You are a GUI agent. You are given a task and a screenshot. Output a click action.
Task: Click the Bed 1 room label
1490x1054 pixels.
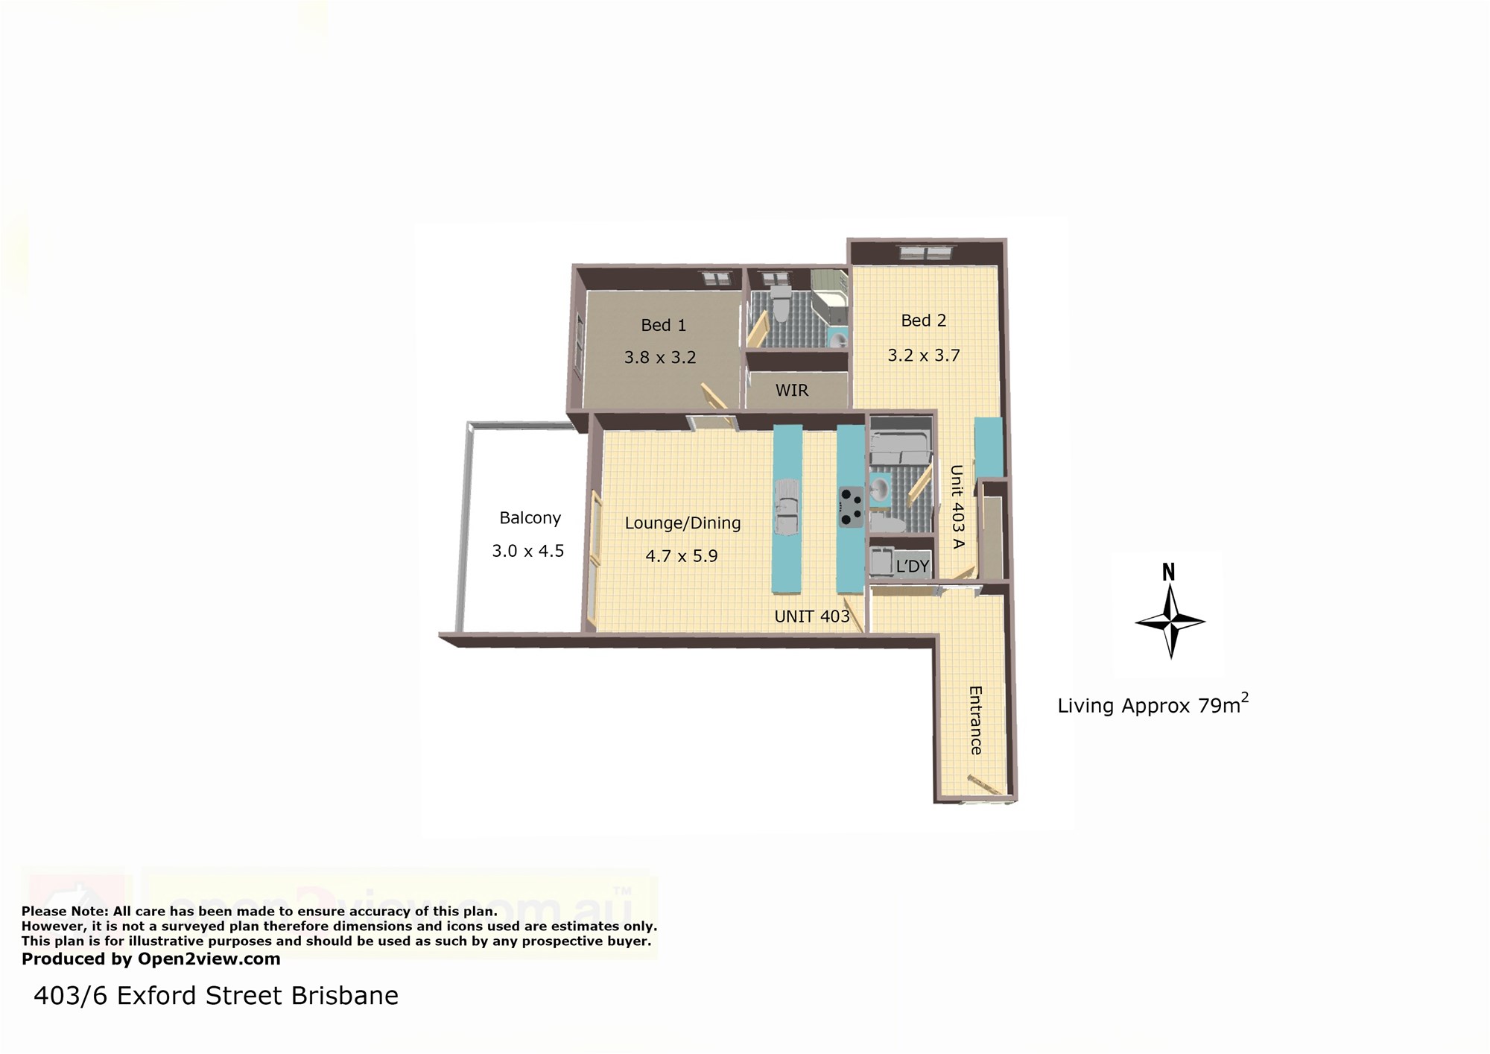click(x=663, y=325)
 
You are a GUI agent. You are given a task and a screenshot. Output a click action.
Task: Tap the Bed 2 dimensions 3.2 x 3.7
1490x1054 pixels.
click(x=923, y=356)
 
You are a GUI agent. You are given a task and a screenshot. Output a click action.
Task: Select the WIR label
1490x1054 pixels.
click(x=791, y=390)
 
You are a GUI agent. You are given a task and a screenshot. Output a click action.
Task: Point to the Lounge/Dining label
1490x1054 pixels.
click(x=682, y=523)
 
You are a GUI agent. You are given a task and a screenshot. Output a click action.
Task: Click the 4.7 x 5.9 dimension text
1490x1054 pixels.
click(x=681, y=555)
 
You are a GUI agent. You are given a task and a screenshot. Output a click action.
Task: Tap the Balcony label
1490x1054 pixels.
click(x=530, y=518)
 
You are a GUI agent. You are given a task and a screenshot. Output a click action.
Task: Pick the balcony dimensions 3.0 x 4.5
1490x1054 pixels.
click(x=527, y=551)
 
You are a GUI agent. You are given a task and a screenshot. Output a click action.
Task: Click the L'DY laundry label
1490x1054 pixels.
click(x=912, y=567)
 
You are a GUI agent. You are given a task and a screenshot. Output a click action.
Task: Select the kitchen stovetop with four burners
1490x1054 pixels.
click(x=851, y=507)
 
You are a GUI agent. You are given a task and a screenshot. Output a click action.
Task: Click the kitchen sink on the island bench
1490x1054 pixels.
click(x=788, y=508)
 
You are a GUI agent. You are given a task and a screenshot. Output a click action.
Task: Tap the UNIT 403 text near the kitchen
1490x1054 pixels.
click(x=812, y=616)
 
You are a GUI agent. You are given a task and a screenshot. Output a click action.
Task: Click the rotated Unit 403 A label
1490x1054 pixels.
click(x=957, y=507)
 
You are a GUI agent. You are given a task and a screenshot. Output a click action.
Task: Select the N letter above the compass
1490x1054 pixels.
click(x=1168, y=572)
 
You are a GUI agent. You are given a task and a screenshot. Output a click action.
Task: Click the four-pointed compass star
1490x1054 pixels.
click(x=1170, y=622)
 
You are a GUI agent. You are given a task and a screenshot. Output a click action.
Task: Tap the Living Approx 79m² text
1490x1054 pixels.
click(x=1153, y=704)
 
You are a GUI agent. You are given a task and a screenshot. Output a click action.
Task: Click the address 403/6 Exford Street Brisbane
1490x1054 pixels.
click(x=216, y=996)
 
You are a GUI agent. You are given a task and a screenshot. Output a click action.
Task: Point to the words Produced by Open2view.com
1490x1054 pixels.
click(x=151, y=959)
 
